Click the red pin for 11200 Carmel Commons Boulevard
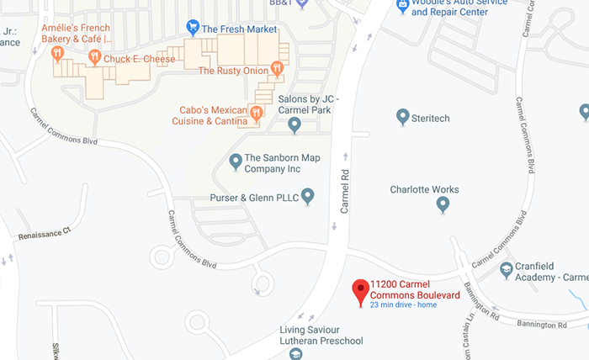(x=361, y=290)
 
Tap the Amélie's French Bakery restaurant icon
(x=57, y=54)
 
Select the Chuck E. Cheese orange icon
(x=94, y=57)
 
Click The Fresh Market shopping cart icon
(x=193, y=28)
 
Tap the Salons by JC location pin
(x=294, y=125)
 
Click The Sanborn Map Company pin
(x=236, y=160)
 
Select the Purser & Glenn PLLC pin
(x=308, y=197)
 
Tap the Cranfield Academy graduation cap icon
(x=506, y=270)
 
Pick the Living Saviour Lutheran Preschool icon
(x=295, y=355)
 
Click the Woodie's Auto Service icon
(x=403, y=5)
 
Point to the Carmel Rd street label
(x=344, y=189)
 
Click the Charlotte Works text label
(x=424, y=189)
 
